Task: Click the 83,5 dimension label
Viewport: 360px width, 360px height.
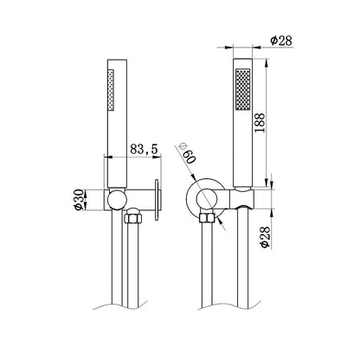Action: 144,149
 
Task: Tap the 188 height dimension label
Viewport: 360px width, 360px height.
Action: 260,123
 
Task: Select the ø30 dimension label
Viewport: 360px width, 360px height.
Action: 79,200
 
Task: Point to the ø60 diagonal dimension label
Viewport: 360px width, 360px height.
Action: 186,153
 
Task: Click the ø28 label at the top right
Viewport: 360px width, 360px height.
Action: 281,41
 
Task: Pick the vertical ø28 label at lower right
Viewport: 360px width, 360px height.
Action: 265,237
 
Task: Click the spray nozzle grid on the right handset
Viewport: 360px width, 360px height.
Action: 243,89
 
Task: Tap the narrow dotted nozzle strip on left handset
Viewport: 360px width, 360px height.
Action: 111,89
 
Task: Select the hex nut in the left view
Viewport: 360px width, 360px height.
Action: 133,218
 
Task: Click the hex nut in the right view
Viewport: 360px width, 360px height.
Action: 207,218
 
